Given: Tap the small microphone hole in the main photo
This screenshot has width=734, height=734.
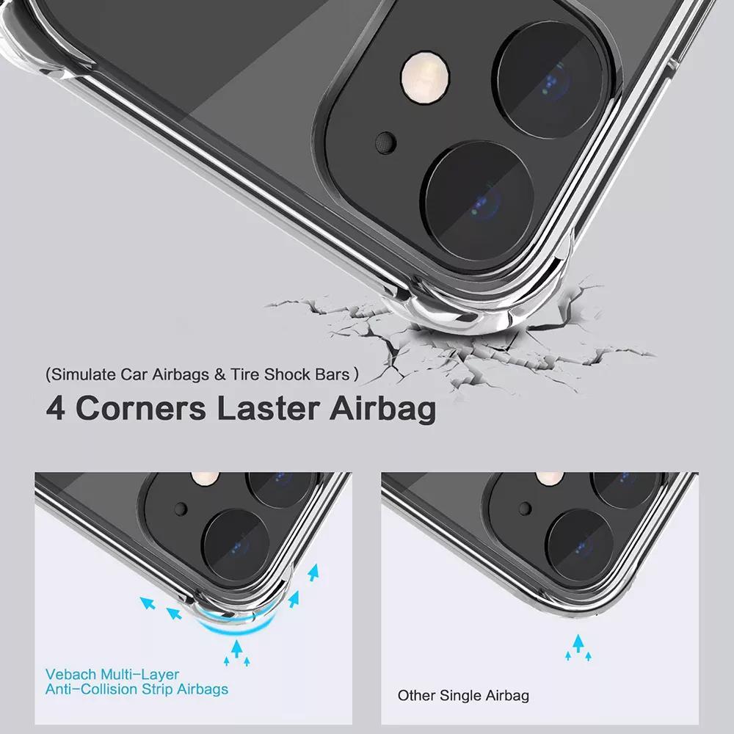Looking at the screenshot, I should [x=383, y=139].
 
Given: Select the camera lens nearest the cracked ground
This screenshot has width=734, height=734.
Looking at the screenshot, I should [x=478, y=198].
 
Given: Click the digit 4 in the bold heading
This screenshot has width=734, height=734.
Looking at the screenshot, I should [x=56, y=408].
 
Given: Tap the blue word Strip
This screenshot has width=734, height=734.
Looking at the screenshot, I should [x=164, y=689].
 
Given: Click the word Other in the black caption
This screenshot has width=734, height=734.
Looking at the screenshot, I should [x=415, y=695].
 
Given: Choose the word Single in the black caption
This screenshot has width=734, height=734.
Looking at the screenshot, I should [x=461, y=695].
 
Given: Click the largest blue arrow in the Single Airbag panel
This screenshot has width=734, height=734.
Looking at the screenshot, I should [x=579, y=644].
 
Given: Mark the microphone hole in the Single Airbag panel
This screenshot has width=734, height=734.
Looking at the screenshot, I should [x=523, y=508].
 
